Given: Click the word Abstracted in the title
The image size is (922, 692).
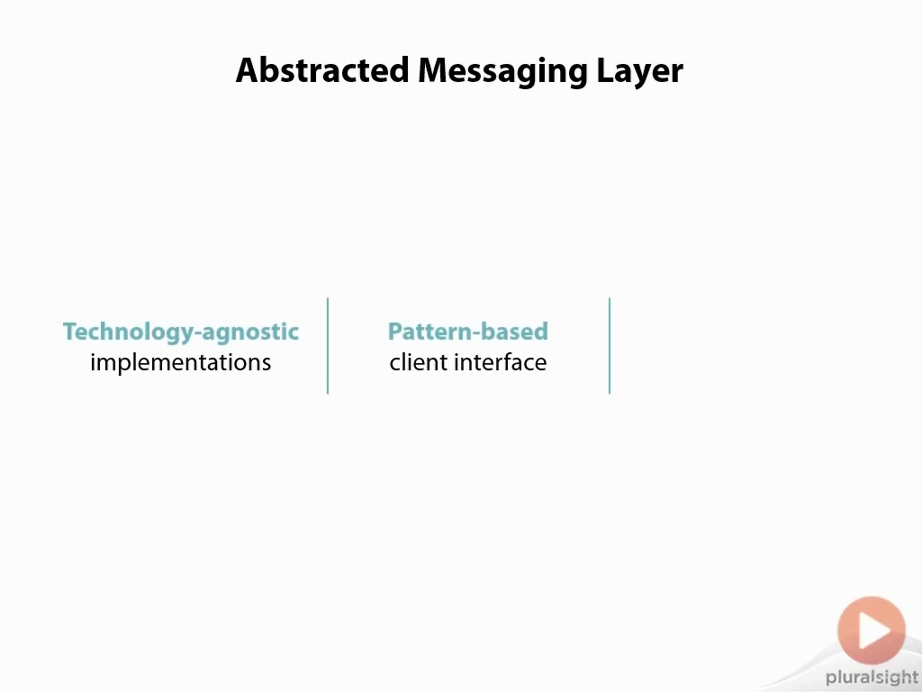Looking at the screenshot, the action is (322, 70).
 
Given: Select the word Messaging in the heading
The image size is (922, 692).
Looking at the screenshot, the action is (502, 72).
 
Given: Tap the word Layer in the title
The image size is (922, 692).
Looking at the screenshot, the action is (640, 72).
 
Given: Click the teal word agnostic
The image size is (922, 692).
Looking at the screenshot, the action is (251, 332).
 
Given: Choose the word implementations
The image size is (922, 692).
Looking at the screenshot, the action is (180, 362).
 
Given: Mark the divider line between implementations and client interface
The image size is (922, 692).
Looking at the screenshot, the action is (328, 346).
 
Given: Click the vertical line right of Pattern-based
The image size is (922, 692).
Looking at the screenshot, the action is (610, 346).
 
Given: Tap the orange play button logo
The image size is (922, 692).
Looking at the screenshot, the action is (872, 630).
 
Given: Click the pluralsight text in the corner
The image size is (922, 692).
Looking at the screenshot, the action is (872, 678).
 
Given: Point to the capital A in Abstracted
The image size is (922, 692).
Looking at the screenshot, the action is (248, 70).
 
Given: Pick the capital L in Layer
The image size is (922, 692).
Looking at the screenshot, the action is (605, 70).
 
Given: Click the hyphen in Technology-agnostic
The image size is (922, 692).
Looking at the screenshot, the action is (201, 333).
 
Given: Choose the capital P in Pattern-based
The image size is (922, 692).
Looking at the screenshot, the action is (395, 332).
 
